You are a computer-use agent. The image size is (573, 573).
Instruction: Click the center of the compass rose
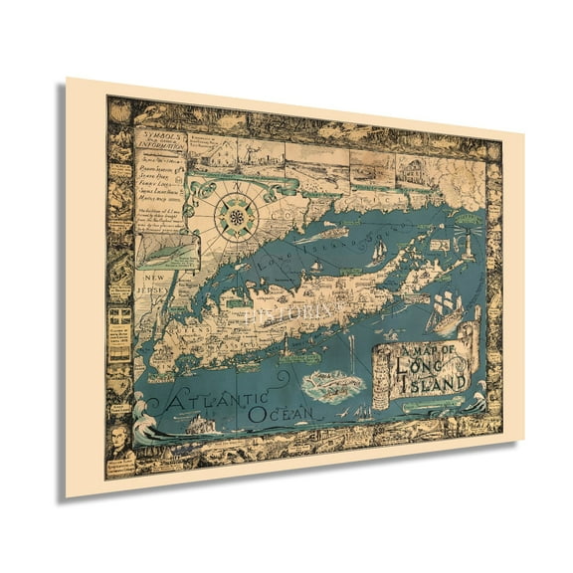tap(237, 216)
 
